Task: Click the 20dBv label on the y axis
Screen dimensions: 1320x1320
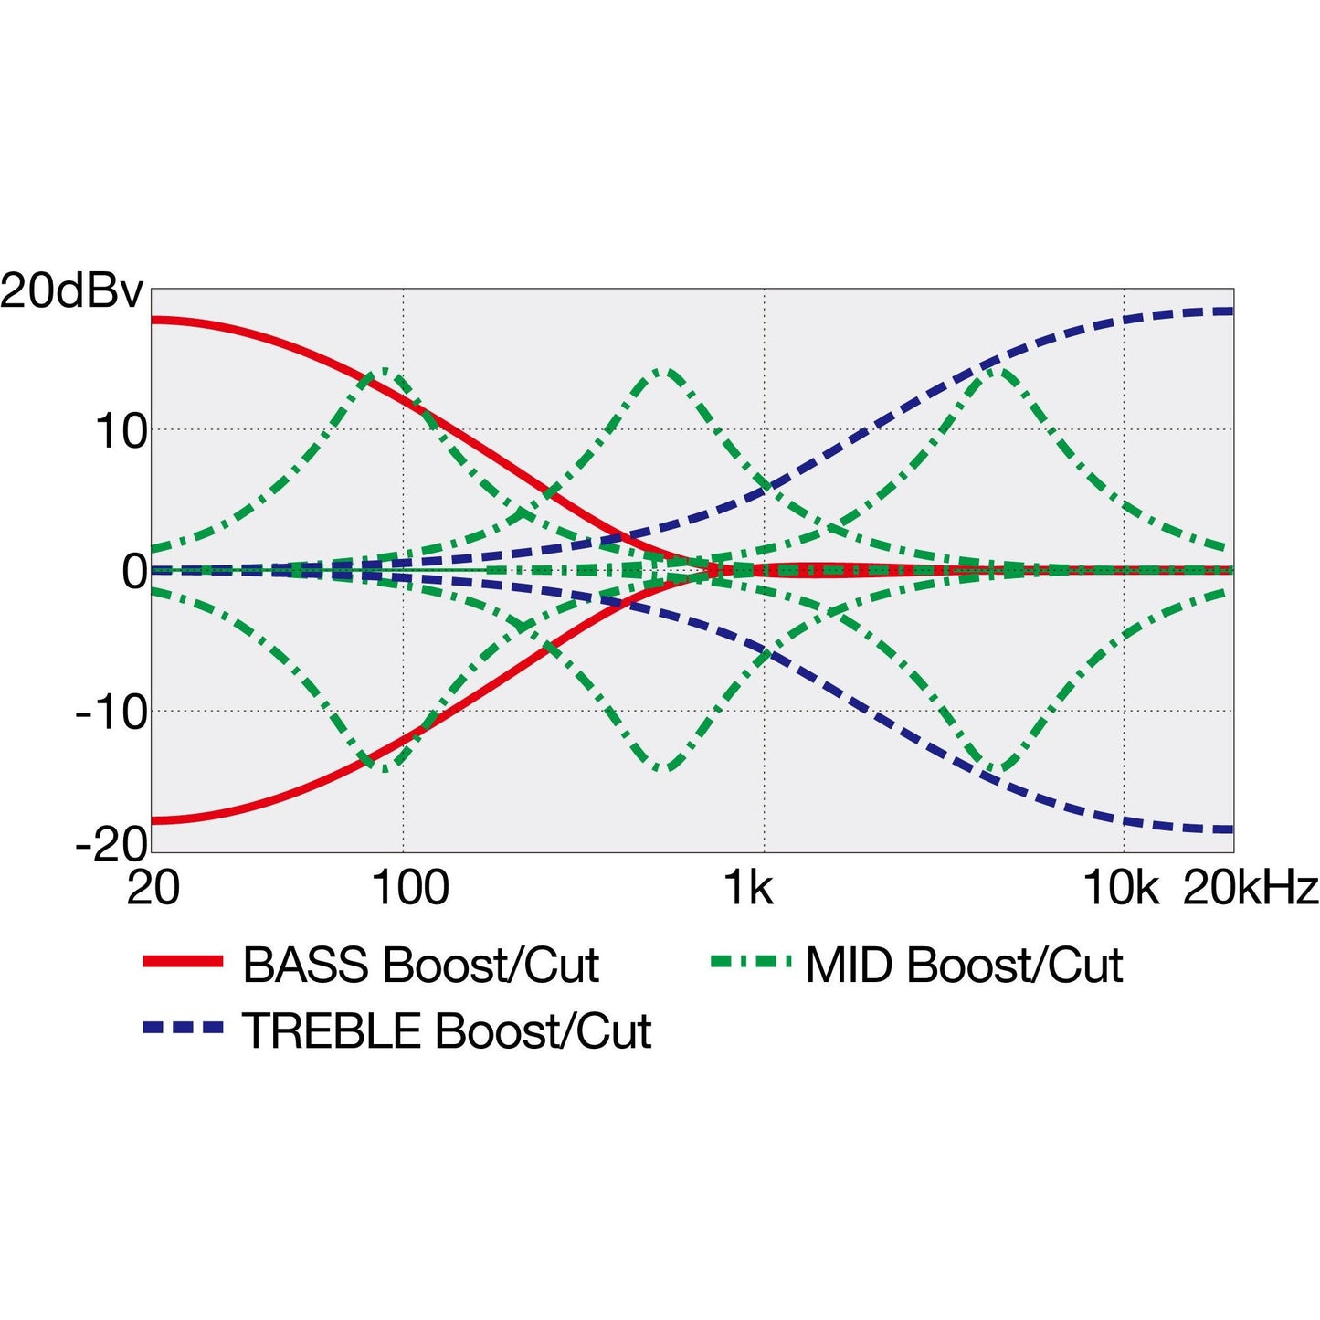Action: click(x=71, y=292)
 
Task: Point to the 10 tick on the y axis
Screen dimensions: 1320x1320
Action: click(x=121, y=431)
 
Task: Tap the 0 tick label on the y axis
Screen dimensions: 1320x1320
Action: click(x=134, y=572)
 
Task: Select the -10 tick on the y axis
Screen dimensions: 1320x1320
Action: click(x=111, y=713)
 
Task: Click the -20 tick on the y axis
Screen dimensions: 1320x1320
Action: click(x=111, y=844)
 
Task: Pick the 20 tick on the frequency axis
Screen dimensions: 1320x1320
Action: click(x=153, y=888)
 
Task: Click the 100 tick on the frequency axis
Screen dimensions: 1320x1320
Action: click(x=410, y=888)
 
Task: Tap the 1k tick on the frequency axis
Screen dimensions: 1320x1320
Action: click(x=749, y=888)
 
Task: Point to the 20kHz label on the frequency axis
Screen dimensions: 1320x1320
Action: click(x=1251, y=888)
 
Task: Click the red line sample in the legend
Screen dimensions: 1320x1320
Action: click(x=183, y=961)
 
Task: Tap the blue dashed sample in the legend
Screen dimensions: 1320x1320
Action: click(x=183, y=1029)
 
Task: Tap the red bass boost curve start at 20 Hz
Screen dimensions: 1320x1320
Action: click(x=153, y=320)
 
